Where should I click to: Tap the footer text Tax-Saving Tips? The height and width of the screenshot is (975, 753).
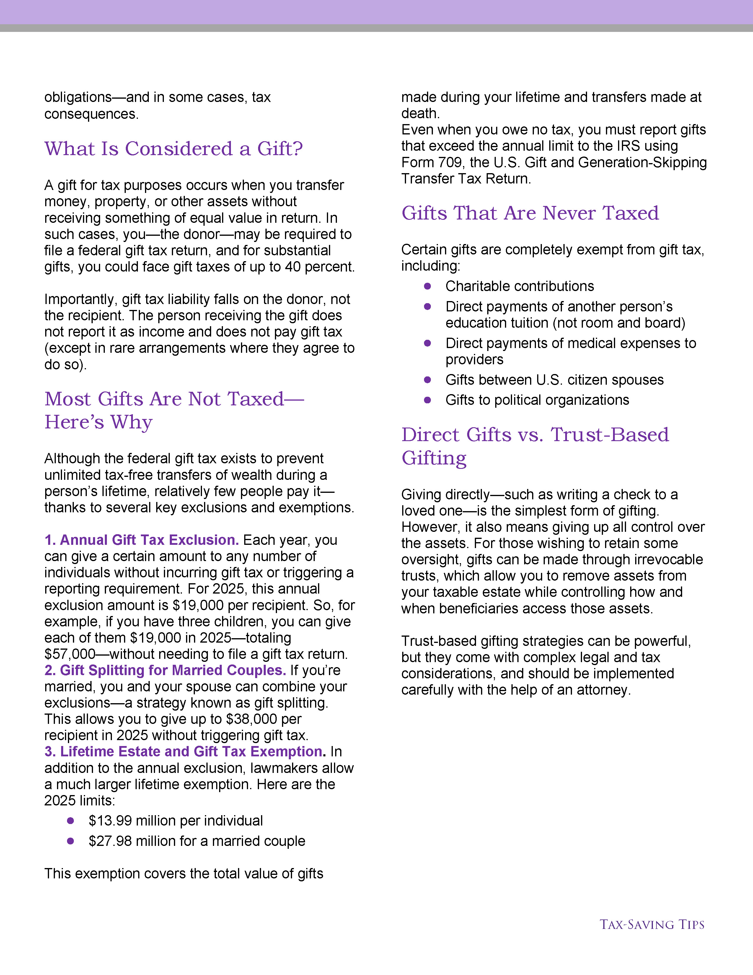click(652, 924)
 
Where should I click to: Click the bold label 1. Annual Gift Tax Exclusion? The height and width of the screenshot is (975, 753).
click(141, 540)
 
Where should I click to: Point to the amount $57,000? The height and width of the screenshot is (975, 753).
click(70, 654)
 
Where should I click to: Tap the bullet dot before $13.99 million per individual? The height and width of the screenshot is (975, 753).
click(71, 820)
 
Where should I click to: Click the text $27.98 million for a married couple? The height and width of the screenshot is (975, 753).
click(197, 841)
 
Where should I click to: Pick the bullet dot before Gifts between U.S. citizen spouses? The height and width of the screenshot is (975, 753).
click(427, 380)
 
